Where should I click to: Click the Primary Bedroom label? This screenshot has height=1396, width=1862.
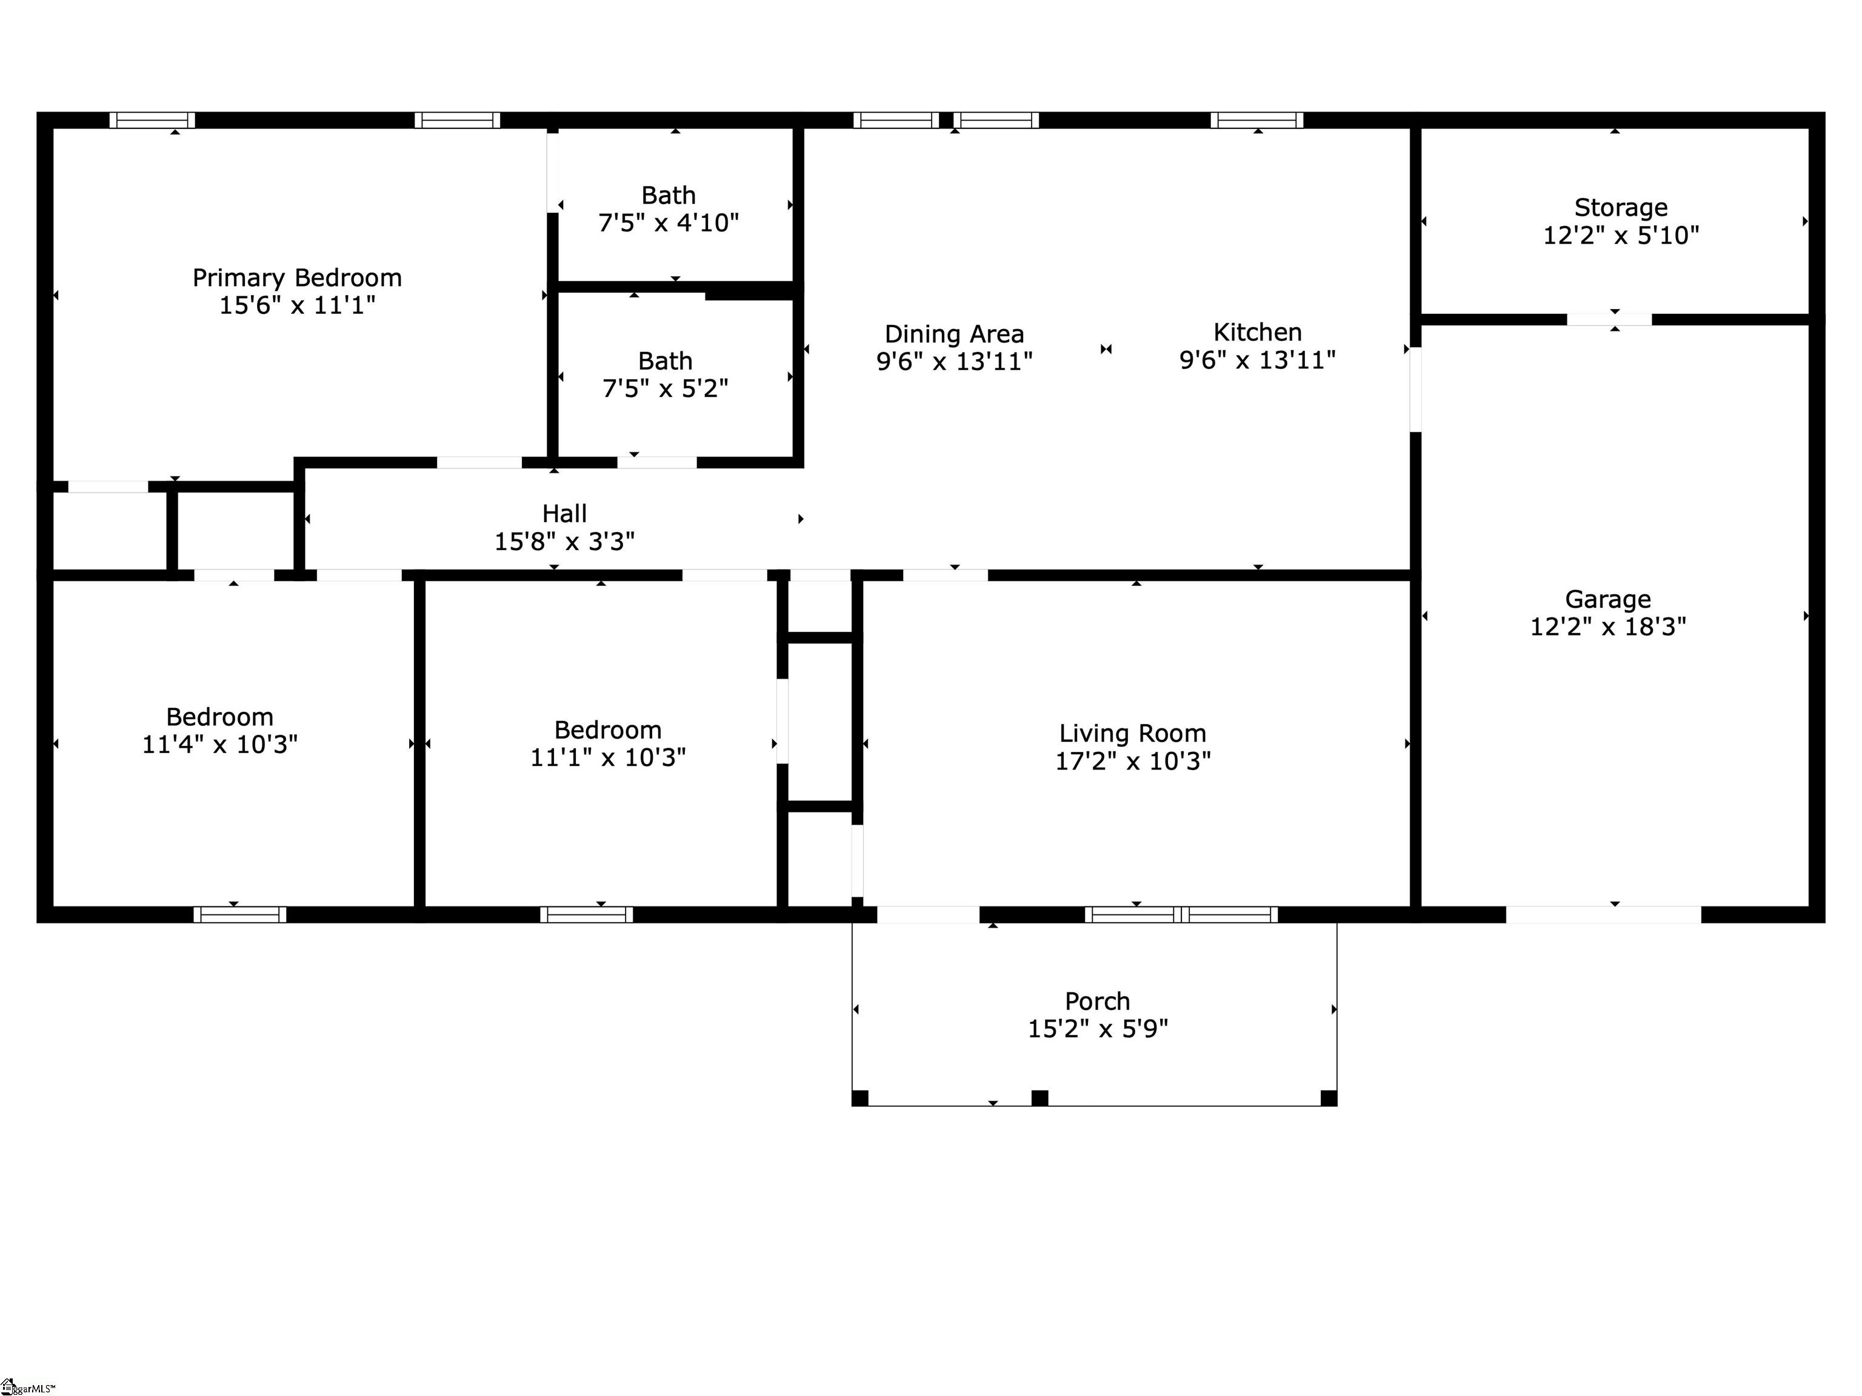pos(297,278)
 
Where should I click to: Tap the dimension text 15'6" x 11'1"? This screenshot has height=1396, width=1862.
pos(297,305)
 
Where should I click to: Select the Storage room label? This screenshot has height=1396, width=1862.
pos(1620,207)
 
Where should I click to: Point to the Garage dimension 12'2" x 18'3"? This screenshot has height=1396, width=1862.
pos(1608,627)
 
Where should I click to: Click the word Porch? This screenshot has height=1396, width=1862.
pos(1097,1002)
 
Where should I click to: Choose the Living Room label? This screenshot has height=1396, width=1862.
pos(1132,734)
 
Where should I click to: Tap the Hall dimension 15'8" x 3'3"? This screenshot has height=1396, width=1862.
pos(564,541)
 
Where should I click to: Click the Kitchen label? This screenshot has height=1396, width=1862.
pos(1258,333)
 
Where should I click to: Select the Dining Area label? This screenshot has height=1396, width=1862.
pos(953,334)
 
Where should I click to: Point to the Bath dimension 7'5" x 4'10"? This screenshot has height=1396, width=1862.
pos(669,223)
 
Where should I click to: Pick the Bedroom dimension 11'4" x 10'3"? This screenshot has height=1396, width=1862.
pos(219,745)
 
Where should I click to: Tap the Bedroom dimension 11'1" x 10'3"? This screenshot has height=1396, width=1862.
pos(608,757)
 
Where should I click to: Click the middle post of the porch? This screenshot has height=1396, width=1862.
pos(1039,1097)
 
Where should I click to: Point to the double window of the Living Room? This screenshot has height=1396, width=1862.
pos(1181,915)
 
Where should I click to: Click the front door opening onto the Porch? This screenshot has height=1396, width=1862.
pos(929,915)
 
